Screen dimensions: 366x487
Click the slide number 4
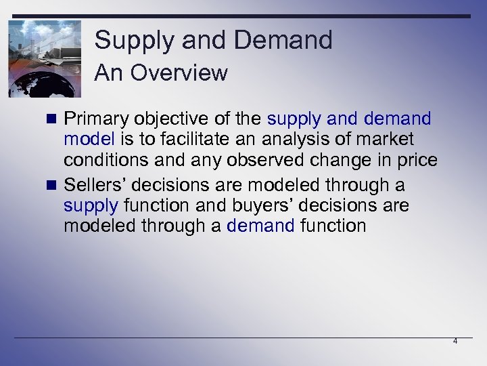point(455,342)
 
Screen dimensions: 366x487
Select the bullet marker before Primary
point(54,120)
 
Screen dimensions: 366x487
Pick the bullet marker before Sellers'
point(54,185)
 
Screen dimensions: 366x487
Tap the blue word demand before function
point(260,225)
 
